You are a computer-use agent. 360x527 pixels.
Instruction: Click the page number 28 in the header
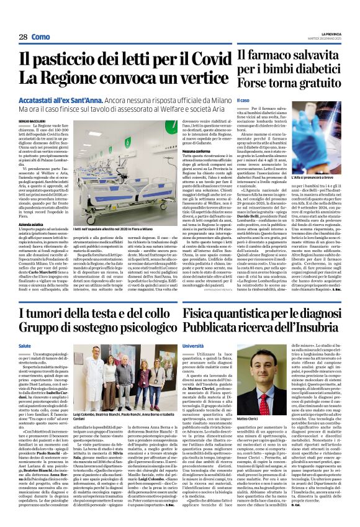tap(23, 37)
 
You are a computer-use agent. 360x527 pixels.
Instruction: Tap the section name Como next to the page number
tap(41, 37)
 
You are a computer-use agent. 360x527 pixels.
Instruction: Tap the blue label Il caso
tap(245, 101)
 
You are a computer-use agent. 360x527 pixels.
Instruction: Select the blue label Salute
tap(25, 346)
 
